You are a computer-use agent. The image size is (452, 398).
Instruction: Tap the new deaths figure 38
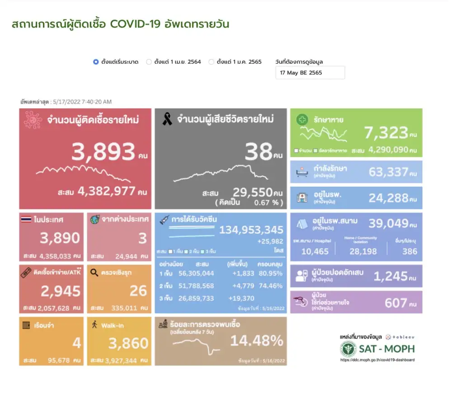tap(258, 153)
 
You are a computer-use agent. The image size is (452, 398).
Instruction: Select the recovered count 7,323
tap(385, 132)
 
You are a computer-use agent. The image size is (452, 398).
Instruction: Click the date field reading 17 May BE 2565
tap(310, 72)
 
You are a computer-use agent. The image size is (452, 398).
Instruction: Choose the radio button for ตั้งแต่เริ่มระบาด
tap(96, 62)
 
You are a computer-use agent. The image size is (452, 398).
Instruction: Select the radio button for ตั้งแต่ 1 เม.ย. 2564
tap(149, 62)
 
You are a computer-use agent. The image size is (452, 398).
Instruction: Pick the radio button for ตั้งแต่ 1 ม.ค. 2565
tap(211, 62)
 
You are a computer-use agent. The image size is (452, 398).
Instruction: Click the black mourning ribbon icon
tap(167, 120)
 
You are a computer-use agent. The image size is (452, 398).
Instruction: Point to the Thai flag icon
tap(26, 220)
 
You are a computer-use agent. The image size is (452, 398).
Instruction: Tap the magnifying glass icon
tap(94, 272)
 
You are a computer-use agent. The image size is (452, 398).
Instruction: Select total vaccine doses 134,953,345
tap(251, 230)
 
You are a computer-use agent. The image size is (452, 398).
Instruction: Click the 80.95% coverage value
tap(270, 273)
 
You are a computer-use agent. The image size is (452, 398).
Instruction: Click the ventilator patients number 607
tap(395, 303)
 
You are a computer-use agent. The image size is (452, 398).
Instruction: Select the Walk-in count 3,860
tap(128, 343)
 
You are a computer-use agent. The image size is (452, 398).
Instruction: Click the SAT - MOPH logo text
tap(386, 349)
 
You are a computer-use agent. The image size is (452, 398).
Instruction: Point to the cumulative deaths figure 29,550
tap(252, 192)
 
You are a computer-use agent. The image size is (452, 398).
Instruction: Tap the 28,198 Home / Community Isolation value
tap(360, 251)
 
